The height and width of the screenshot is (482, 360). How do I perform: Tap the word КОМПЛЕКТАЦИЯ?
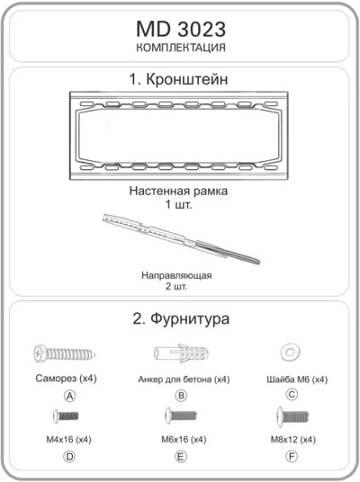click(x=180, y=47)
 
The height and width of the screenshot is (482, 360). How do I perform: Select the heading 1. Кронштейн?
click(x=180, y=80)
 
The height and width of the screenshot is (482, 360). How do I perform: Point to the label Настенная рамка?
click(x=179, y=191)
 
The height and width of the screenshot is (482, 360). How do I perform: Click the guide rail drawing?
click(x=181, y=238)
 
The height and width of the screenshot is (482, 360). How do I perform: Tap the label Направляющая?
click(x=176, y=275)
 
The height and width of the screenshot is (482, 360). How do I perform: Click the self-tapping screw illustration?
click(x=65, y=353)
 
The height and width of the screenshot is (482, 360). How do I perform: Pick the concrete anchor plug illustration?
click(x=180, y=353)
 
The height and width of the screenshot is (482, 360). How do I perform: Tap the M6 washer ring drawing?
click(x=291, y=350)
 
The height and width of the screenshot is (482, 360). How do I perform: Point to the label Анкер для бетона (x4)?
click(x=180, y=379)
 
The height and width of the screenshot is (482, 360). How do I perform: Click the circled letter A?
click(x=68, y=396)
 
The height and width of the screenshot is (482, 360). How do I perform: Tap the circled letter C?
click(x=291, y=395)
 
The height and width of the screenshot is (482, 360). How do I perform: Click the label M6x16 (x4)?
click(x=182, y=440)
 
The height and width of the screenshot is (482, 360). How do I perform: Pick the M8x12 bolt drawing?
click(x=292, y=416)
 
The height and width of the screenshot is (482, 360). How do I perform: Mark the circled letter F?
click(x=292, y=457)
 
